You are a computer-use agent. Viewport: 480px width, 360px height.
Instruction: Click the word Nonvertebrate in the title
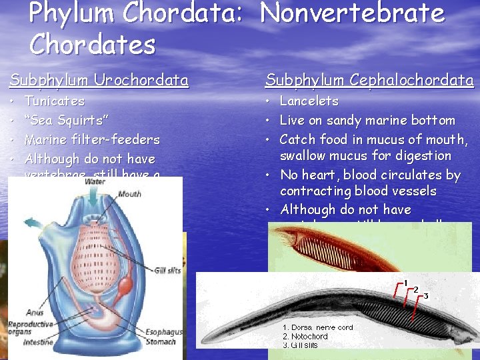353,13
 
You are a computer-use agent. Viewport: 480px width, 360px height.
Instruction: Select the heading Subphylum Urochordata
99,81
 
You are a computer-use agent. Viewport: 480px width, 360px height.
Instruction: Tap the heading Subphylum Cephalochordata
369,81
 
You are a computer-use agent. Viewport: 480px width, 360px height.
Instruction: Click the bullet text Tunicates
54,101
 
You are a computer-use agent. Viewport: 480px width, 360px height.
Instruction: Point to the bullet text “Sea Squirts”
67,121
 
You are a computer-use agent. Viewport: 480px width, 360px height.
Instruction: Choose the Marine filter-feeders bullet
92,140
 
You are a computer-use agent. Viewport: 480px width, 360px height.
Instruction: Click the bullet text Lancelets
309,101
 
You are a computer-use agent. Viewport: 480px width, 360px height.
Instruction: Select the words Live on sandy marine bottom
367,121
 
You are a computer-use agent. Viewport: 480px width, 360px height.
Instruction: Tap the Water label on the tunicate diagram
95,181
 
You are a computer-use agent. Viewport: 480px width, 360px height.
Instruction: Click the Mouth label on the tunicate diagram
129,194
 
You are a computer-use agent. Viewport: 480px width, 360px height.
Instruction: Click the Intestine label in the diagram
38,343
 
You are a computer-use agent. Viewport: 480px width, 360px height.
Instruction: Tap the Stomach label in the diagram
161,342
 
